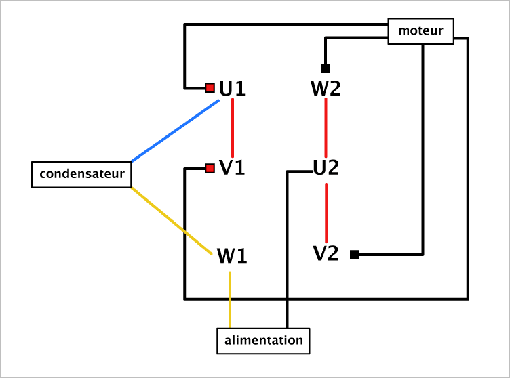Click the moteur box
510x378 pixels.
420,31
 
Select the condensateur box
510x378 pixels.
81,175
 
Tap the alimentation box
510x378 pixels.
263,341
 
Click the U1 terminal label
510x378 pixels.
232,89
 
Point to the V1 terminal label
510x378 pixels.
232,168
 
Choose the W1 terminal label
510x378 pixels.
232,256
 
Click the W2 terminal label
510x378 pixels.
326,89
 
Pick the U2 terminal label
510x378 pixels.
326,168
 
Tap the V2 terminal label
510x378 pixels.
326,253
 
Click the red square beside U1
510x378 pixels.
210,88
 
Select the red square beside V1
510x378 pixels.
210,169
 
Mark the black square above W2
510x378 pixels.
326,68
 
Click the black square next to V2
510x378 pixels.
355,255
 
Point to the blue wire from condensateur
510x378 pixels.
175,131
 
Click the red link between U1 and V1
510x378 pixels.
233,128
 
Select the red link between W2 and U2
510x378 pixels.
326,128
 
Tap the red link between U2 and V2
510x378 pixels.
326,213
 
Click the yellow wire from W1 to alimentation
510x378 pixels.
230,300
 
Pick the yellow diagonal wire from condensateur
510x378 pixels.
172,221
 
